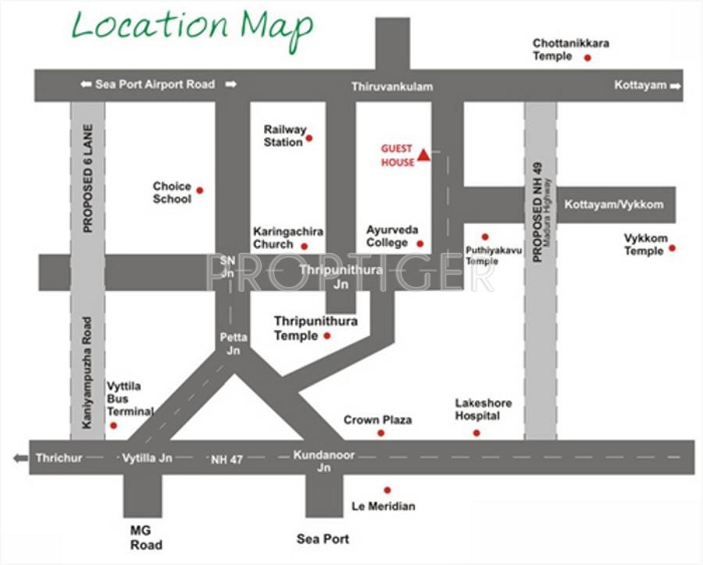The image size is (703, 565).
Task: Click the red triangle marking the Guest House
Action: (423, 155)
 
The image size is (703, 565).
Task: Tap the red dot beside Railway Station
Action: (309, 138)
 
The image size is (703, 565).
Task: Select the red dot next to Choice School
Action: (199, 190)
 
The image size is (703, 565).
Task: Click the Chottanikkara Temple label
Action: (570, 50)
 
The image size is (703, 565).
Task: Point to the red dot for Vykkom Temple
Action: (672, 248)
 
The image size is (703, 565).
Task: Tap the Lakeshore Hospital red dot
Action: (476, 432)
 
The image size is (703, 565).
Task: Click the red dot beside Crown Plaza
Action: (380, 432)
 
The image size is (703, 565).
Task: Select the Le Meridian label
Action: (384, 506)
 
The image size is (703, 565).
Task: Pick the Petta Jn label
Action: (234, 343)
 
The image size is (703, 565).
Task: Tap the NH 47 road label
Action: (227, 460)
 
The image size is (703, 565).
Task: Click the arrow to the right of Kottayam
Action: (675, 85)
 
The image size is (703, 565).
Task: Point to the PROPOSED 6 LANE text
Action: (87, 179)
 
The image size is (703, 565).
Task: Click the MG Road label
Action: (146, 537)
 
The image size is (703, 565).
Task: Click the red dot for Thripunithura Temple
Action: (327, 336)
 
